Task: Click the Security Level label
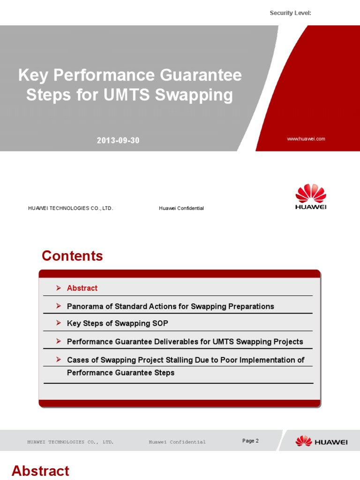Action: pyautogui.click(x=290, y=13)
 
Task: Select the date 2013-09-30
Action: pyautogui.click(x=118, y=141)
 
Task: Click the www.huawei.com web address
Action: pyautogui.click(x=306, y=139)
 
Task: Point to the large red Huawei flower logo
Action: pyautogui.click(x=311, y=194)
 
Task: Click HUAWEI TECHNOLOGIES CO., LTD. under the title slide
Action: pyautogui.click(x=70, y=208)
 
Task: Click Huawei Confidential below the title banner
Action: pyautogui.click(x=181, y=208)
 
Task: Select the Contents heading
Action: pyautogui.click(x=72, y=256)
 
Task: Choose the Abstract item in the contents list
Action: pyautogui.click(x=82, y=288)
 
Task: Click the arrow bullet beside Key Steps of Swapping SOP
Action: pyautogui.click(x=58, y=323)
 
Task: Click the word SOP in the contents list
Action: pyautogui.click(x=159, y=323)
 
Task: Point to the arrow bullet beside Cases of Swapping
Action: pyautogui.click(x=58, y=360)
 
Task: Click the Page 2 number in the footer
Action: pyautogui.click(x=250, y=441)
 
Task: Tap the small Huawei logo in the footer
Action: pyautogui.click(x=321, y=442)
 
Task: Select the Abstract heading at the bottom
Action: pyautogui.click(x=40, y=471)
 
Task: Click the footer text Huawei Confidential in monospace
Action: pyautogui.click(x=177, y=442)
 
